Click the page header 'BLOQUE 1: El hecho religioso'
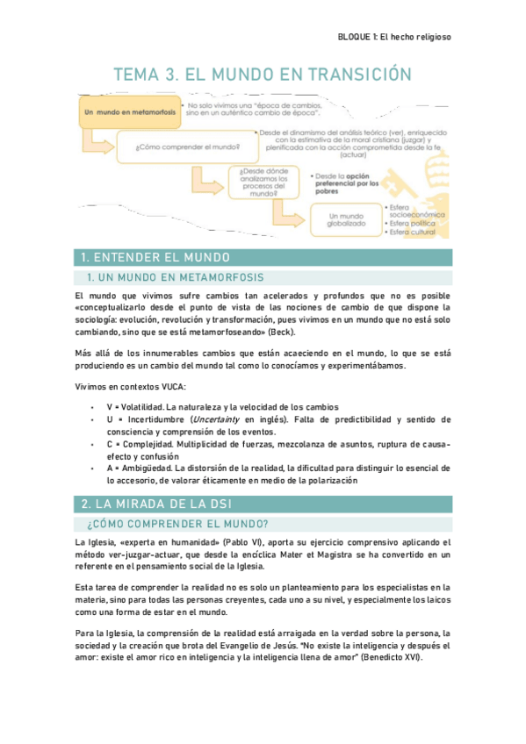click(x=394, y=37)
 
